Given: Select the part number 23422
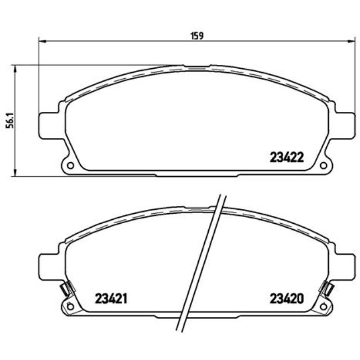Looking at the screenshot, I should point(286,157).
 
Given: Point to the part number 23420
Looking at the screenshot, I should point(286,299).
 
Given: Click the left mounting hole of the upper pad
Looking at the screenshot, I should point(70,165).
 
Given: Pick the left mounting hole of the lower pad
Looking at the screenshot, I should point(70,306).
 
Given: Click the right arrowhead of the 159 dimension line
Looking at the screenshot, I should point(351,40).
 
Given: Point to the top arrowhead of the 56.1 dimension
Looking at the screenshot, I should point(15,68).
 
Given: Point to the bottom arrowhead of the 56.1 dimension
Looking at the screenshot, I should point(15,173).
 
